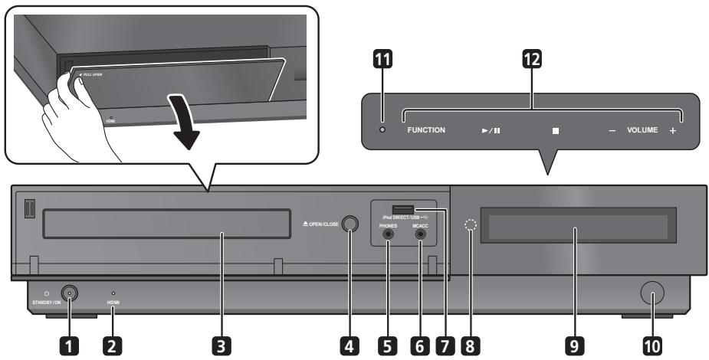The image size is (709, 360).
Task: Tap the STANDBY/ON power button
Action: (70, 293)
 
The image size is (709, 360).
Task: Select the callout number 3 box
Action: (222, 345)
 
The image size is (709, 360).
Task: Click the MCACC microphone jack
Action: (420, 237)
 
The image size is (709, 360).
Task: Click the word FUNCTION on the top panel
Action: (426, 130)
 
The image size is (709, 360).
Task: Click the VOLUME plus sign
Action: (672, 131)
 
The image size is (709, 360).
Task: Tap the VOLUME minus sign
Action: (612, 131)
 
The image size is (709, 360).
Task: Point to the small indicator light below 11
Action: (383, 129)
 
